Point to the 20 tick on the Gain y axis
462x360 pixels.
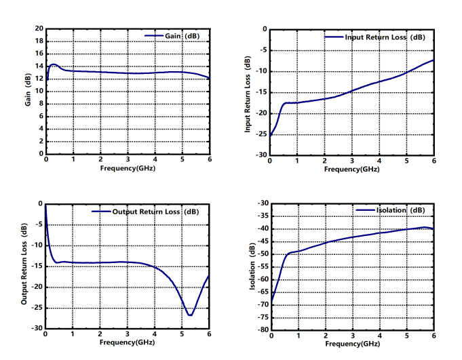pos(39,29)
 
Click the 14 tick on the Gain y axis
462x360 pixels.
pos(39,66)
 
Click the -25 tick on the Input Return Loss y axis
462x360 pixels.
pos(261,134)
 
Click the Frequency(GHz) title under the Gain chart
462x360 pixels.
pos(128,167)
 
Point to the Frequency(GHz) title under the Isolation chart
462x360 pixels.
pos(352,344)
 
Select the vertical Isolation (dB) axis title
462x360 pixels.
pos(252,267)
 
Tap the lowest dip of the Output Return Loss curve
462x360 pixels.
pos(190,315)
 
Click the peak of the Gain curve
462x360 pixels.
pos(54,65)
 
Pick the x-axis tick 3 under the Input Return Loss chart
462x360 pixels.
pos(351,161)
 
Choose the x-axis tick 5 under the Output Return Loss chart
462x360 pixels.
pos(181,334)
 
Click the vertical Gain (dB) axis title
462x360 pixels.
pos(28,90)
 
